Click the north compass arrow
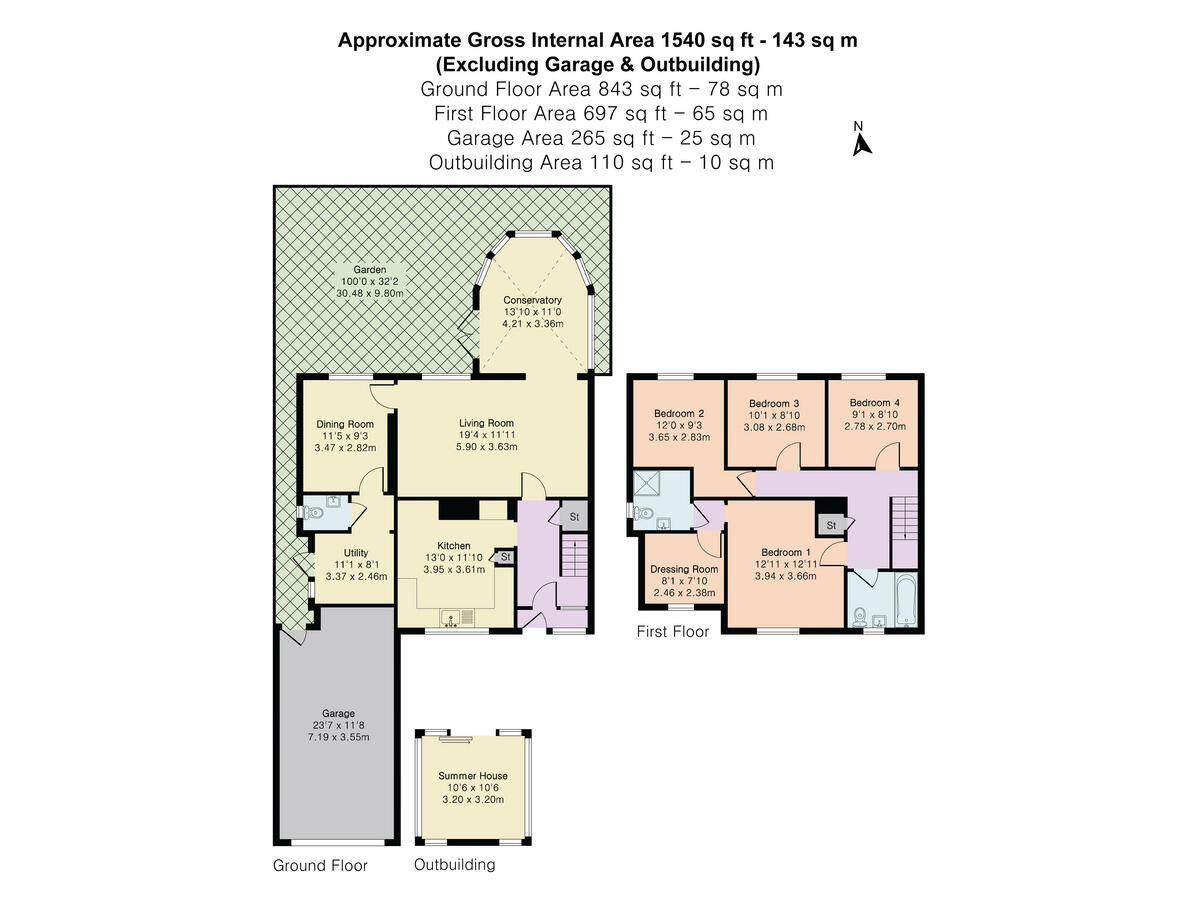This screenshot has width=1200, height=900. [861, 144]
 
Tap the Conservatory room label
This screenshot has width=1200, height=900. [532, 300]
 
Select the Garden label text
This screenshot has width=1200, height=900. [370, 270]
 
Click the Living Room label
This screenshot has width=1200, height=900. [487, 423]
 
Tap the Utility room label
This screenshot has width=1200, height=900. [356, 553]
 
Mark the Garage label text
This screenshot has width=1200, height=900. [337, 714]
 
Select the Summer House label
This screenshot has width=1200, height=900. [473, 776]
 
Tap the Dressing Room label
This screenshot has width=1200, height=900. [685, 569]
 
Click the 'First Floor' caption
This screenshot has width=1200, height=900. [673, 632]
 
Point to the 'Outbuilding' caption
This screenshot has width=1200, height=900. [454, 865]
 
